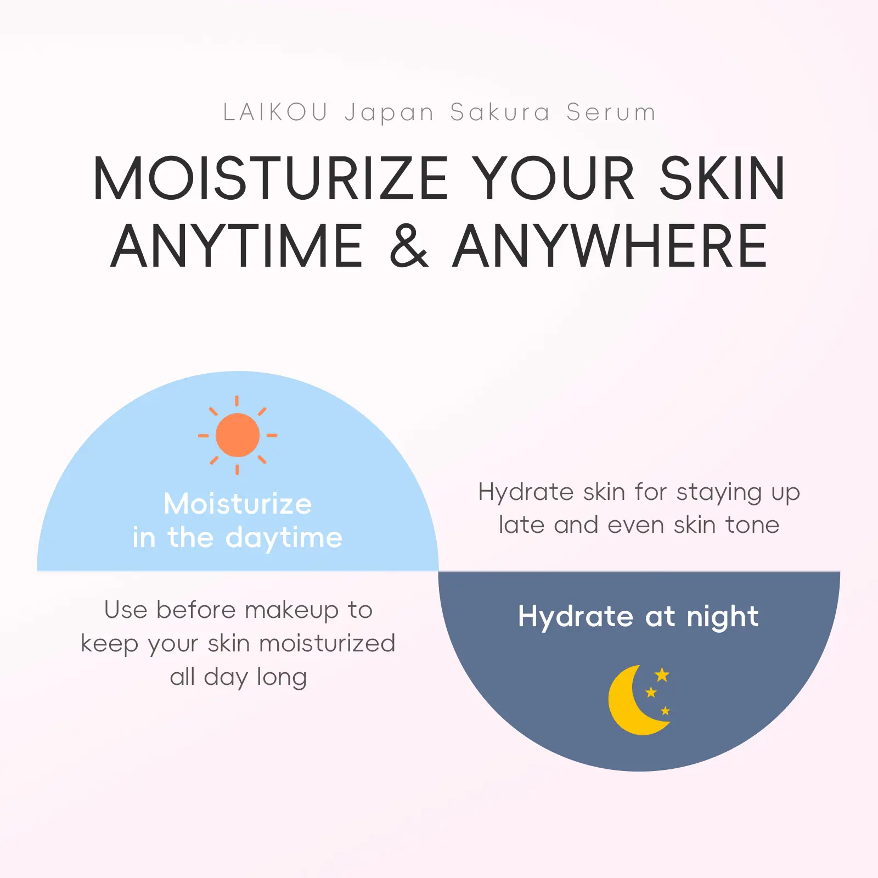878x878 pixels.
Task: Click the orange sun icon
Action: point(238,435)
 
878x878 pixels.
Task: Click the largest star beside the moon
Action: point(662,674)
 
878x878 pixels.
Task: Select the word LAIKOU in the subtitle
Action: point(275,112)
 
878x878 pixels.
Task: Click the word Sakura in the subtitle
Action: point(500,112)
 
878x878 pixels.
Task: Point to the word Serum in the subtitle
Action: point(611,112)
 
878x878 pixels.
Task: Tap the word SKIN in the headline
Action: point(722,178)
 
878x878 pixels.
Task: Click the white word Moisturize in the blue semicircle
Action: point(238,504)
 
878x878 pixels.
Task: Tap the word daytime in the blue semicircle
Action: point(284,538)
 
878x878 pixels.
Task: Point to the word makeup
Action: point(291,611)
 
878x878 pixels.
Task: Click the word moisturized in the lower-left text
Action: point(327,644)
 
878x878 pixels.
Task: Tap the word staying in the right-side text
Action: point(719,493)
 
